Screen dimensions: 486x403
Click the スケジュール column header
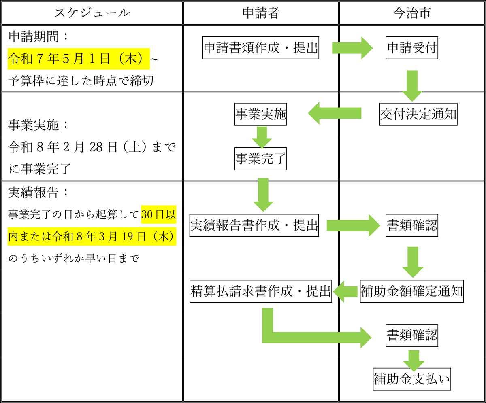[92, 13]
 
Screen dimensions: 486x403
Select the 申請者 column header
[261, 13]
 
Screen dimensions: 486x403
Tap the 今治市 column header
[412, 13]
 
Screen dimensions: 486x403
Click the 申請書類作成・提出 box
[261, 48]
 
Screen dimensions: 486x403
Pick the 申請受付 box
[412, 48]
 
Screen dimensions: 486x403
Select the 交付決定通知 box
[418, 114]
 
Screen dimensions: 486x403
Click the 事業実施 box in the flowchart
[261, 114]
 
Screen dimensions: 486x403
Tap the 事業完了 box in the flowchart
[261, 159]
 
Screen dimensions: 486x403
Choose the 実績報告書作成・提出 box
[254, 225]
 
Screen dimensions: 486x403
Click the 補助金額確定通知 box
[412, 291]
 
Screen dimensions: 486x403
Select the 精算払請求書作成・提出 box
[261, 291]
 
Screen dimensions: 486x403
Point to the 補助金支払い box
[412, 379]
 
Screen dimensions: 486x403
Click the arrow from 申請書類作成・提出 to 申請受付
[352, 48]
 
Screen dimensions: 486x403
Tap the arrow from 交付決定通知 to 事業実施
[335, 113]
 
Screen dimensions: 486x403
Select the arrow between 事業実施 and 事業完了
[262, 138]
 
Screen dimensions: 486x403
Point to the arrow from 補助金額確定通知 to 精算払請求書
[345, 292]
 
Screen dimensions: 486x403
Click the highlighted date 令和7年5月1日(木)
[79, 59]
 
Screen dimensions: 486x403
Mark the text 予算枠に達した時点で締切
[81, 81]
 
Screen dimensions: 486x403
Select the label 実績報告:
[38, 193]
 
